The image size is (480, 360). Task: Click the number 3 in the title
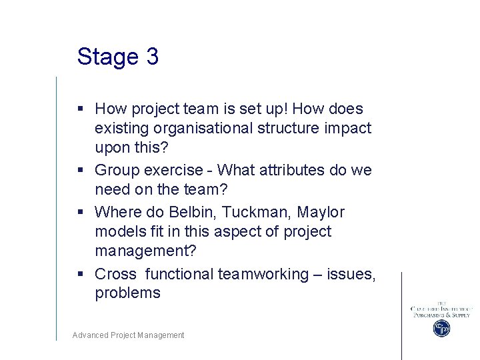[x=151, y=57]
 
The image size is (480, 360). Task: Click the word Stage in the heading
[x=107, y=57]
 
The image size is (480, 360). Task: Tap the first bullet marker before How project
[x=80, y=109]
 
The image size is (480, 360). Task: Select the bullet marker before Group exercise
[x=80, y=171]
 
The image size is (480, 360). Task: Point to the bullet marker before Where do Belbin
[x=80, y=212]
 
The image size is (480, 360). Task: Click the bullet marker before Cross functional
[x=80, y=274]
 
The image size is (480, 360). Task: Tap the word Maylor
[x=321, y=212]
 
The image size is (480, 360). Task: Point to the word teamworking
[x=263, y=274]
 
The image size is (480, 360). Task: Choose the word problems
[x=127, y=293]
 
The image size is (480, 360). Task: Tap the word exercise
[x=175, y=170]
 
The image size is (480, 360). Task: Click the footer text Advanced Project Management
[x=128, y=335]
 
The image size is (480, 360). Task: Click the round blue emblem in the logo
[x=441, y=328]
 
